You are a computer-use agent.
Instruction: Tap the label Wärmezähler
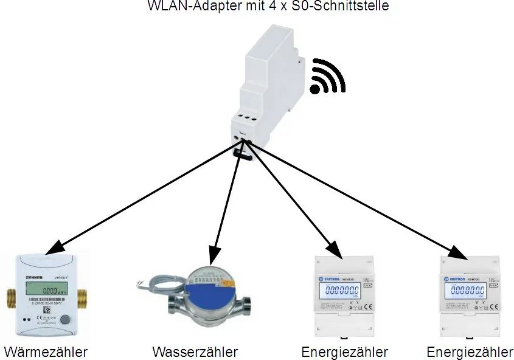click(46, 351)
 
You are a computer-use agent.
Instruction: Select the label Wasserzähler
click(195, 351)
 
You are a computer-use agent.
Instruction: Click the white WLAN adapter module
click(268, 91)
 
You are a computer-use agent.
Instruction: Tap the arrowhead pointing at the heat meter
click(55, 246)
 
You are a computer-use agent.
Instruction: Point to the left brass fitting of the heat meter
click(10, 299)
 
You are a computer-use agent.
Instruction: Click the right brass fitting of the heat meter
click(84, 299)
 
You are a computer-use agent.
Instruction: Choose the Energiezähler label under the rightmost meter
click(470, 351)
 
